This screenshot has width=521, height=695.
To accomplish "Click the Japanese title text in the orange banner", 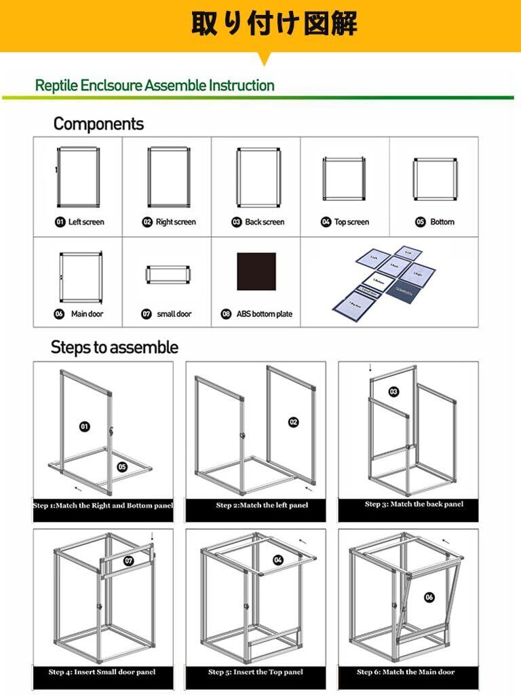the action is click(x=273, y=24).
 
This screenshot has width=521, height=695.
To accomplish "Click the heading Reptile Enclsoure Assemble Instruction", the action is click(x=155, y=86).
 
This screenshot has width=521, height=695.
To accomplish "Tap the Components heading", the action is click(x=98, y=124).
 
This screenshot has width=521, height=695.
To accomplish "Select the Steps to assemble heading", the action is click(x=115, y=347).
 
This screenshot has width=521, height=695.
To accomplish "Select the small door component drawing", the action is click(x=167, y=276).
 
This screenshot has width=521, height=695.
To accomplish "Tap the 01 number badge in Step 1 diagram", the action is click(x=85, y=426).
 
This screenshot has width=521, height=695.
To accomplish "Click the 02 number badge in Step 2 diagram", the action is click(x=293, y=422).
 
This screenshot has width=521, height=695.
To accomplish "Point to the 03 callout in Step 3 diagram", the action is click(x=393, y=391).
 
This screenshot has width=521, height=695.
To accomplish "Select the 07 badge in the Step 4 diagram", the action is click(x=130, y=561).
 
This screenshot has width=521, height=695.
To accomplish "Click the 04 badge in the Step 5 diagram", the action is click(x=278, y=560).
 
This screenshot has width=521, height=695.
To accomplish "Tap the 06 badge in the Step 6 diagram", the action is click(x=429, y=597).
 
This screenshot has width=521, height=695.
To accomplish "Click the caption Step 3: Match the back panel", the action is click(x=414, y=504).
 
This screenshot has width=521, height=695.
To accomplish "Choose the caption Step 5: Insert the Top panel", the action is click(x=260, y=672).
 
